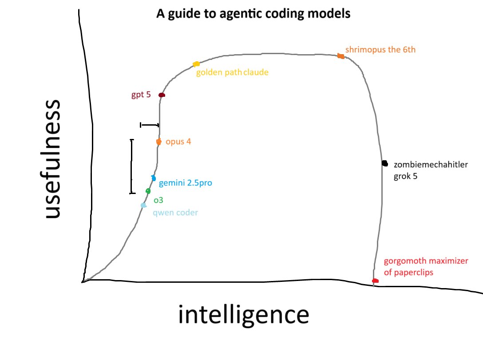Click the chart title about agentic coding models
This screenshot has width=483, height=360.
pos(253,14)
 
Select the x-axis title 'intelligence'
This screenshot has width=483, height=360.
pos(243,315)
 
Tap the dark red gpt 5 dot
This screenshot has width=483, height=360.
pos(162,95)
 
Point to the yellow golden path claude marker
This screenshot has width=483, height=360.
pos(196,64)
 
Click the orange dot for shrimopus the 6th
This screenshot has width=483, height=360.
pos(340,56)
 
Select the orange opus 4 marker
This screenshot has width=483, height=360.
pos(158,142)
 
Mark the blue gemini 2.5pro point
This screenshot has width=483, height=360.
pos(154,178)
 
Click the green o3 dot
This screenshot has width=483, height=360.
pos(148,191)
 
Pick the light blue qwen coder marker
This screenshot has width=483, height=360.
pos(143,205)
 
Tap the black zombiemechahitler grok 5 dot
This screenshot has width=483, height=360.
pos(384,163)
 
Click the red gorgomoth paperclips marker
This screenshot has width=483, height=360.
pos(375,281)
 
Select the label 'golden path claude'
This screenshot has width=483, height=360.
pos(232,72)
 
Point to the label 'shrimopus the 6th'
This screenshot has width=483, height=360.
pos(380,50)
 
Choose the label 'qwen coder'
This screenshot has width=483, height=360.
pos(175,213)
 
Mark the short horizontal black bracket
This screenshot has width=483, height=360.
pos(150,125)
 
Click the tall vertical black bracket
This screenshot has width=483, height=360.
pos(131,166)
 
